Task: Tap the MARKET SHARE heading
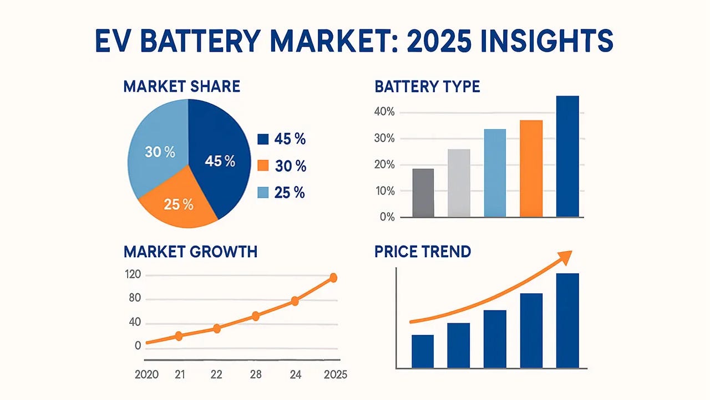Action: [181, 87]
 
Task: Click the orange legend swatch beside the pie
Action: [263, 166]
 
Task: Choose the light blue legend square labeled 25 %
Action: [263, 192]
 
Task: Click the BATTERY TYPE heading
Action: [427, 87]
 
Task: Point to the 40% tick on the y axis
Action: [384, 112]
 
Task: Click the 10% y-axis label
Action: [384, 191]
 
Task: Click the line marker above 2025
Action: [333, 278]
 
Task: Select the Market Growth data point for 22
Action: [217, 328]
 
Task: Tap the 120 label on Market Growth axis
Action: [135, 275]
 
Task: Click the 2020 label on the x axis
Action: [147, 374]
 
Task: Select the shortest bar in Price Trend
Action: [423, 351]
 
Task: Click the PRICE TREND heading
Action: [423, 251]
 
